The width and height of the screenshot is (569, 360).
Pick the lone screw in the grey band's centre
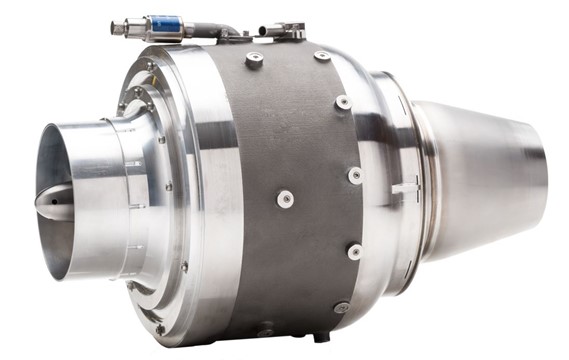click(285, 198)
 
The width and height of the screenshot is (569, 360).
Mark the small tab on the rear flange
click(404, 187)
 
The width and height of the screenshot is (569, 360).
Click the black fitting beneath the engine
click(320, 335)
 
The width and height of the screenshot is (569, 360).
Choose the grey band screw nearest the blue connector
click(254, 60)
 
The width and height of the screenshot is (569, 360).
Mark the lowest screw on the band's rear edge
click(341, 307)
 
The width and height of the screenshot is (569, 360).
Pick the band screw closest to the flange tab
click(355, 175)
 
